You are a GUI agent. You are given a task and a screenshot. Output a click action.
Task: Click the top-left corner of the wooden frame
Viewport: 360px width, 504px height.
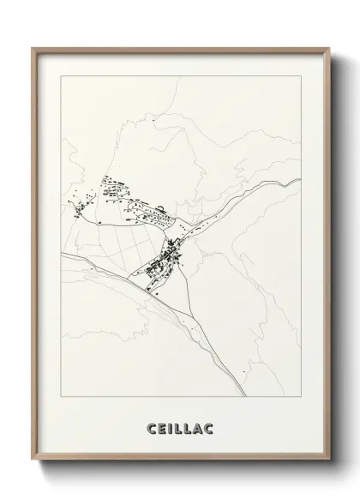click(33, 49)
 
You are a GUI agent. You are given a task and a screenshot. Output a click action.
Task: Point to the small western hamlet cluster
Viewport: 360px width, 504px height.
click(83, 205)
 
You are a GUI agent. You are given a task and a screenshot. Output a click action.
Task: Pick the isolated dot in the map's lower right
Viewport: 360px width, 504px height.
click(243, 370)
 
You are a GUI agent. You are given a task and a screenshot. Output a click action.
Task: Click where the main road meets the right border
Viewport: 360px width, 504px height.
click(301, 180)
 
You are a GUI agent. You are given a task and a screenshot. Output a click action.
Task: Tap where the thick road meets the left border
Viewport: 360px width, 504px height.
click(62, 255)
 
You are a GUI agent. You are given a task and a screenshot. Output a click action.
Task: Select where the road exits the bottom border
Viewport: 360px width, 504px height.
click(248, 396)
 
